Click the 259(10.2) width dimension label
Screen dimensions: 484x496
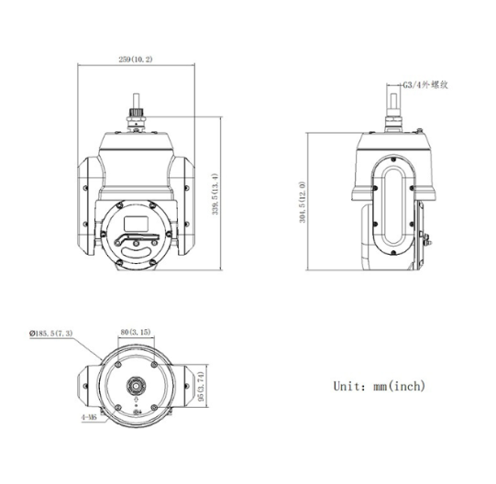coord(136,58)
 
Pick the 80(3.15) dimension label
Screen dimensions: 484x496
coord(137,332)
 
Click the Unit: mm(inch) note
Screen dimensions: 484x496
coord(379,386)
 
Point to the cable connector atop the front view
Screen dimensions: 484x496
coord(137,115)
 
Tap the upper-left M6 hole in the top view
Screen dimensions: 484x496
coord(116,365)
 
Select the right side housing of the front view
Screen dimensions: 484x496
coord(183,206)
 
